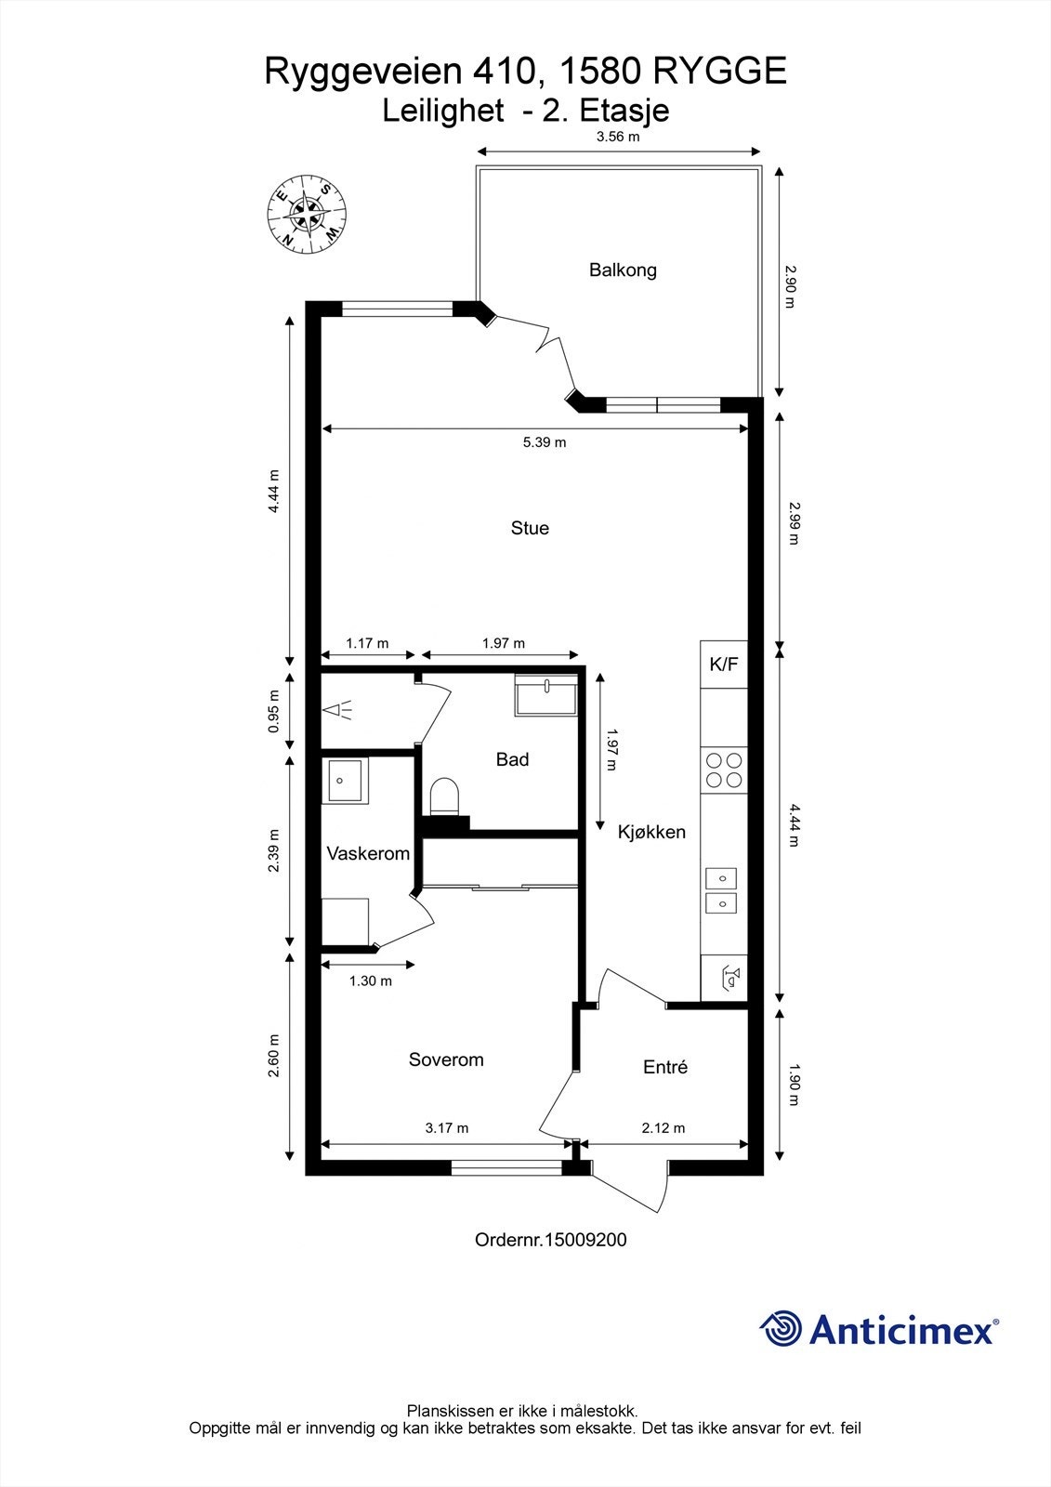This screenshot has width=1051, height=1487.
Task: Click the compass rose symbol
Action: pyautogui.click(x=307, y=214)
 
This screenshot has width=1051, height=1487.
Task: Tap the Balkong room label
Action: pyautogui.click(x=623, y=270)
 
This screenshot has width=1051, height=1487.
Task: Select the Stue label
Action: pyautogui.click(x=530, y=528)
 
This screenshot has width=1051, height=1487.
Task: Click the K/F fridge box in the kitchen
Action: pyautogui.click(x=724, y=664)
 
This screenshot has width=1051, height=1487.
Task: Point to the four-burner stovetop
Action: pyautogui.click(x=724, y=770)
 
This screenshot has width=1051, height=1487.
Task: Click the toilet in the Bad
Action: pyautogui.click(x=444, y=796)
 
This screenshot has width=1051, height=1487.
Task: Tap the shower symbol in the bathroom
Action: pyautogui.click(x=336, y=710)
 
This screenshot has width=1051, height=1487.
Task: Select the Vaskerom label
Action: pyautogui.click(x=368, y=854)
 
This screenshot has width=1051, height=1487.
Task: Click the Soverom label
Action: pyautogui.click(x=446, y=1059)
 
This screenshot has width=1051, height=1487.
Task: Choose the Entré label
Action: pyautogui.click(x=665, y=1067)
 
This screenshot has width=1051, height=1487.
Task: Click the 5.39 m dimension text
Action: pyautogui.click(x=545, y=442)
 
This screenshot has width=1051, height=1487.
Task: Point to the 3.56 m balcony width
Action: pyautogui.click(x=618, y=137)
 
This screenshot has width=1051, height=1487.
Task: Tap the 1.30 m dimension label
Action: pyautogui.click(x=371, y=980)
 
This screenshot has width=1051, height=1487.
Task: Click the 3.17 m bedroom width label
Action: pyautogui.click(x=447, y=1128)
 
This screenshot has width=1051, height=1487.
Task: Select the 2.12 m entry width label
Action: pyautogui.click(x=663, y=1128)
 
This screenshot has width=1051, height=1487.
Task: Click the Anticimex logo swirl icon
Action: pyautogui.click(x=781, y=1328)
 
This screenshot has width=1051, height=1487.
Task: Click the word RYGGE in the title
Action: pyautogui.click(x=720, y=71)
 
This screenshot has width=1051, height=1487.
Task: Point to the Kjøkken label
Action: pyautogui.click(x=651, y=832)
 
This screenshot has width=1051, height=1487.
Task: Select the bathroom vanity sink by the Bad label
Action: pyautogui.click(x=545, y=694)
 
